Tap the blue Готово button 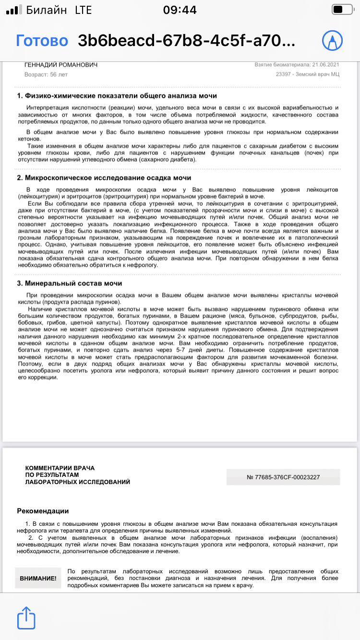pos(42,40)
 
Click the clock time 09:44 pos(180,10)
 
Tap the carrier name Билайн pos(47,10)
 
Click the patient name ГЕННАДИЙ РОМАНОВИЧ pos(60,65)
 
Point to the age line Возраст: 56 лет pos(46,75)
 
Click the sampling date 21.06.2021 pos(326,65)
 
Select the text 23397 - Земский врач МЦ pos(308,74)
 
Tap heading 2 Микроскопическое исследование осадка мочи pos(104,178)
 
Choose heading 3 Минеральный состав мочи pos(70,283)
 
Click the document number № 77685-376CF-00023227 pos(283,477)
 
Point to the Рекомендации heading pos(43,511)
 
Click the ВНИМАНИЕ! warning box pos(38,579)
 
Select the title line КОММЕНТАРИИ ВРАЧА pos(60,468)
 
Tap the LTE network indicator pos(84,10)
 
